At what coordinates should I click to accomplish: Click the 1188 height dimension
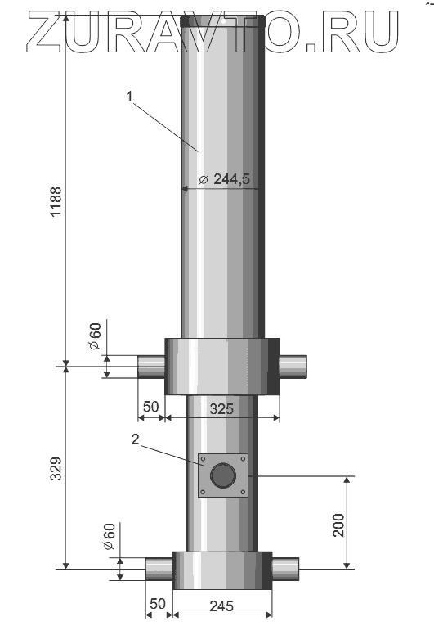(56, 201)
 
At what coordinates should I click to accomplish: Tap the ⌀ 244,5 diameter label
(225, 179)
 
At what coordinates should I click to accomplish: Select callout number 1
(129, 97)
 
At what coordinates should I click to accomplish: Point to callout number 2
(136, 439)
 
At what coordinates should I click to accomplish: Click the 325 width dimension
(221, 408)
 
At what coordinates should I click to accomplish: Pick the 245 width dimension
(221, 606)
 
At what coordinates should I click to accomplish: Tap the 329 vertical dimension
(56, 469)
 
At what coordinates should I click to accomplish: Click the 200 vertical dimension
(338, 525)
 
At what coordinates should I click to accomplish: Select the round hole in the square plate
(223, 475)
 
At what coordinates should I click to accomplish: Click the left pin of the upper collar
(151, 367)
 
